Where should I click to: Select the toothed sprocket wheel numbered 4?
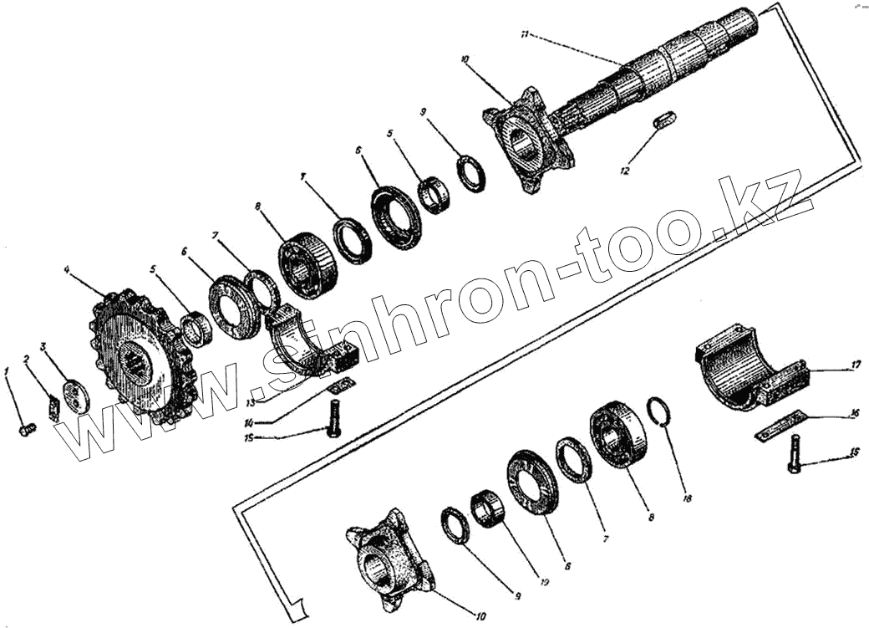click(x=136, y=359)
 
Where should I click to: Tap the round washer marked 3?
click(x=77, y=396)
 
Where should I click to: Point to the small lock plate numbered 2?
click(x=53, y=409)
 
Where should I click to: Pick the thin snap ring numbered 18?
click(x=661, y=412)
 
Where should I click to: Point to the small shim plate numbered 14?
click(x=341, y=385)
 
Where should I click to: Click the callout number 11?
click(x=523, y=34)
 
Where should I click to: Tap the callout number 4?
click(x=66, y=270)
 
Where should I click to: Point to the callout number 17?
click(x=856, y=365)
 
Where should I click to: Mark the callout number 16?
click(x=855, y=413)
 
